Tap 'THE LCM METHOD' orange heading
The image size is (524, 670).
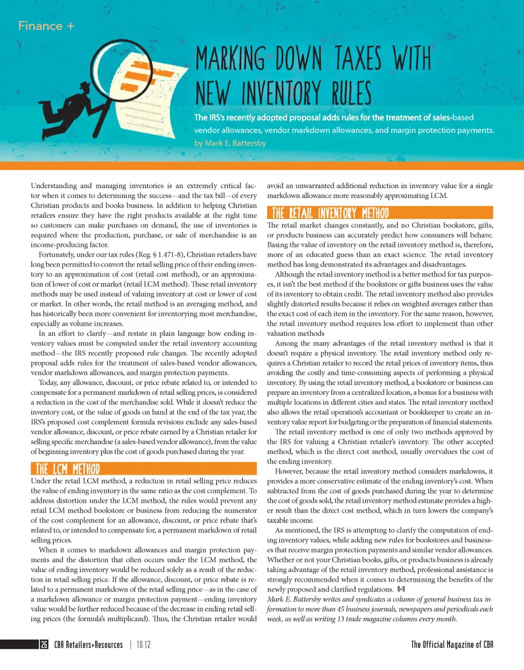pyautogui.click(x=67, y=469)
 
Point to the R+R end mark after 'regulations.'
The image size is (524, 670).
pyautogui.click(x=400, y=590)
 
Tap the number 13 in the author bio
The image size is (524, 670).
pyautogui.click(x=348, y=619)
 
